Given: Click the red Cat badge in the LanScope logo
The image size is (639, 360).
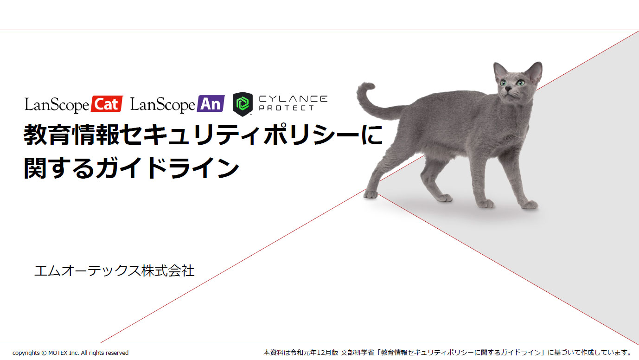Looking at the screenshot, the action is click(107, 104).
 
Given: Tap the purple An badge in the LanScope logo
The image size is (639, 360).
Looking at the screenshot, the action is click(211, 103).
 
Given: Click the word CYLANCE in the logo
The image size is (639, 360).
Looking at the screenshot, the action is click(293, 99).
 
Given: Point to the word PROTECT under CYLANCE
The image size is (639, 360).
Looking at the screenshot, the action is click(287, 108).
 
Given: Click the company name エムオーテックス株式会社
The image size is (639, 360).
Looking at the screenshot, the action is click(114, 270).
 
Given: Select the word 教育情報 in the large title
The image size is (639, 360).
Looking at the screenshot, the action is click(71, 135).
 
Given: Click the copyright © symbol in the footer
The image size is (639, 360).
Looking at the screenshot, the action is click(44, 353).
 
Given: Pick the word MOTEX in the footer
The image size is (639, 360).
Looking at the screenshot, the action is click(58, 353).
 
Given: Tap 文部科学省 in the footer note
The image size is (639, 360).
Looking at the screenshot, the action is click(358, 353).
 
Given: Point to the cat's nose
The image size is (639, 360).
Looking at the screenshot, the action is click(508, 89).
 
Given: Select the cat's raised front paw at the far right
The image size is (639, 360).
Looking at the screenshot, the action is click(530, 205).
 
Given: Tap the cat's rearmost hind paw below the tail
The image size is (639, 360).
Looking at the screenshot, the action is click(371, 194).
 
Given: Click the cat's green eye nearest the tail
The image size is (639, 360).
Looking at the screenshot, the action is click(503, 83).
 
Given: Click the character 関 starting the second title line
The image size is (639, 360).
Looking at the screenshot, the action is click(35, 168).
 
